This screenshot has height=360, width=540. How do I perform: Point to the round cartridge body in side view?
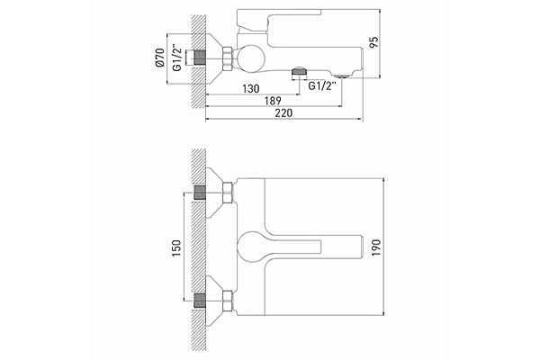coord(252,58)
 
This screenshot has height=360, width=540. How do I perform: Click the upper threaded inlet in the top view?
coord(202,193)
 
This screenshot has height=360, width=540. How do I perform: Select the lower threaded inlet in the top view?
coord(202,301)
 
